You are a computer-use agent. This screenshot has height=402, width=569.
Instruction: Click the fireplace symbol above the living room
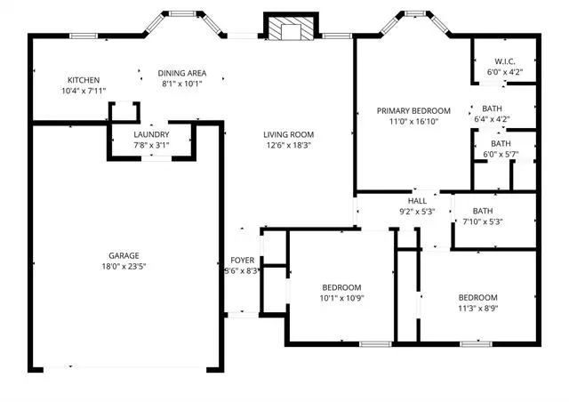point(291,26)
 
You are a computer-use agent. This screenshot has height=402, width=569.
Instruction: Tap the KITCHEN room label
point(84,80)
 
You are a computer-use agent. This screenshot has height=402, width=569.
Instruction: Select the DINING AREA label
point(182,73)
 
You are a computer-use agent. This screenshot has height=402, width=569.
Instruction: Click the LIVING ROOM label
point(288,134)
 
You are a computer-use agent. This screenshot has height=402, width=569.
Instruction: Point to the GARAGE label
point(124,255)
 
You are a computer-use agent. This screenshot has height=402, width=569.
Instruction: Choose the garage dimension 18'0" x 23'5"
point(124,267)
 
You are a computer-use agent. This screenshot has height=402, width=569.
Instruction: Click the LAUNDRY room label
point(151,134)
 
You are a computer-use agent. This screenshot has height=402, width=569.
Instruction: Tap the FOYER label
point(243,261)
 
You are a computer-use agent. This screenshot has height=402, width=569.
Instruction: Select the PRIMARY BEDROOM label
point(413,111)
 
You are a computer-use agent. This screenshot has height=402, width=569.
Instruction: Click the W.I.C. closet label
point(505,61)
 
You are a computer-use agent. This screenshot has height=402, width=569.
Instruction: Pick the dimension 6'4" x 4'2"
point(492,119)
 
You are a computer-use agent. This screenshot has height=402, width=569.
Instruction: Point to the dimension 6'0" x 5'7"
point(501,155)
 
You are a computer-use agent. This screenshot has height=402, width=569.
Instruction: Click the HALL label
point(417,201)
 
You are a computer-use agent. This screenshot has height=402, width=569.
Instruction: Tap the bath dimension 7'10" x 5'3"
point(483,221)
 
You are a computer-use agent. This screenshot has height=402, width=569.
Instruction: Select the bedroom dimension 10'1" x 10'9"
point(341,299)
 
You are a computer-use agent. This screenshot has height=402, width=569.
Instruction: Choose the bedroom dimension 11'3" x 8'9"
point(478,309)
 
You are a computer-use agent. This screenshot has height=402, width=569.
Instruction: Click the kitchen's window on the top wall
point(84,36)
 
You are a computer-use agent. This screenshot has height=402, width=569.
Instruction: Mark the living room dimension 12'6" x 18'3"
point(288,146)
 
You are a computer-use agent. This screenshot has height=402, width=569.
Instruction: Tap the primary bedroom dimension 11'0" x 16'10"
point(413,122)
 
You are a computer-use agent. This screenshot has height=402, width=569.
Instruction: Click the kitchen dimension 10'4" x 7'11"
point(84,91)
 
